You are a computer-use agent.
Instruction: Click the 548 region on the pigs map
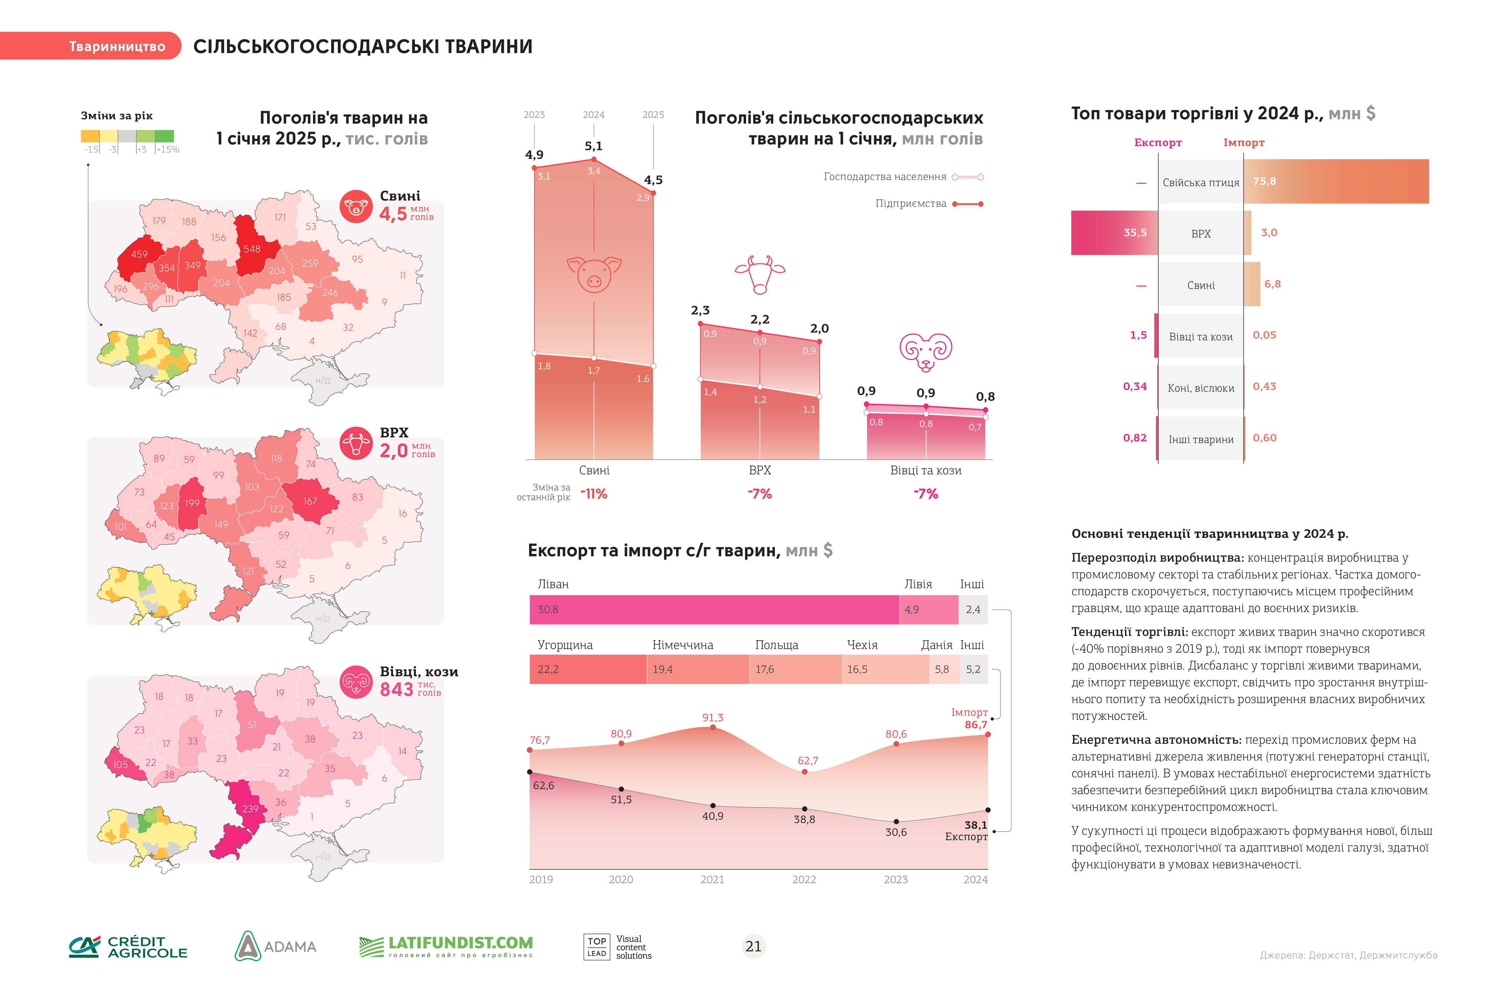(252, 249)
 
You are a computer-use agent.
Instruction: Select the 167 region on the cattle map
(310, 501)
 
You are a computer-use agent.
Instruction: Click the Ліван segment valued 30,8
(714, 609)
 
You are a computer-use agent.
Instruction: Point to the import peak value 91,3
(713, 718)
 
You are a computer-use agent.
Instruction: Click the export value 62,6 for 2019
(544, 785)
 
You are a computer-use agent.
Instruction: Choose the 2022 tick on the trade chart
(804, 879)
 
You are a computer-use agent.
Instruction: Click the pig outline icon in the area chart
(594, 274)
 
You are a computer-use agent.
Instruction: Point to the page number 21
(753, 946)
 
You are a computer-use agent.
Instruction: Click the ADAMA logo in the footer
(275, 946)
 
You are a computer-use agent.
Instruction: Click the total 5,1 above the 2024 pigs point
(594, 146)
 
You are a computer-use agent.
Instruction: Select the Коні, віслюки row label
(1201, 388)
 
